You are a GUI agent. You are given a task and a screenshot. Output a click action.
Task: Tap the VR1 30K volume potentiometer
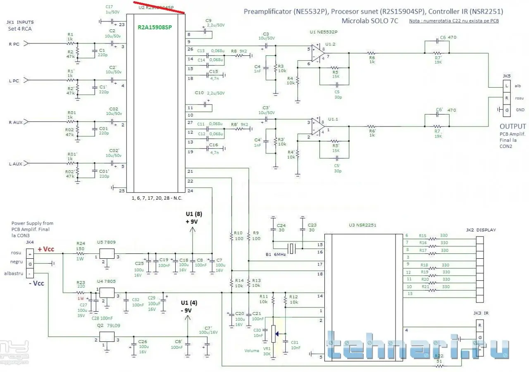coord(273,334)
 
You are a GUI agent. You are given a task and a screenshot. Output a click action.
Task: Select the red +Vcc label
coord(45,249)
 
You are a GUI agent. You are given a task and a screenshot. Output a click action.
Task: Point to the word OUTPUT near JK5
coord(513,126)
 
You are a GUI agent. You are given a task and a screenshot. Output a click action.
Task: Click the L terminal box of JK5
coord(505,86)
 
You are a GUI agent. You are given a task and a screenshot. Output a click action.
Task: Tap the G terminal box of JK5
coord(505,110)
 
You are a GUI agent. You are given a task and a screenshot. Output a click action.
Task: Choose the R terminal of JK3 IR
coord(480,325)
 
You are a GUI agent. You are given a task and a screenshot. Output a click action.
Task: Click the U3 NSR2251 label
coord(362,225)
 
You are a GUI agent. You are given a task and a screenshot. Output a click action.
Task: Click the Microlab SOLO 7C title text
coord(370,21)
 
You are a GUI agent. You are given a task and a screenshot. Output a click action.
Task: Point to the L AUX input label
coord(15,164)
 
